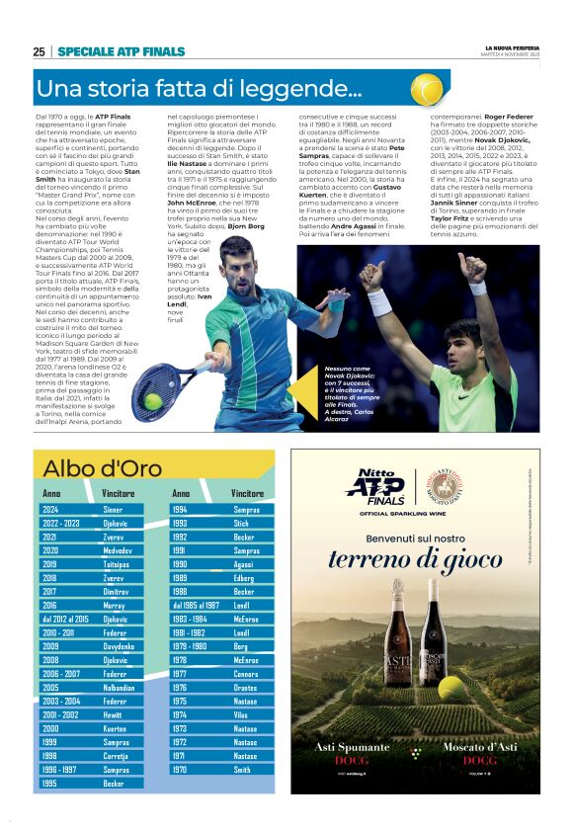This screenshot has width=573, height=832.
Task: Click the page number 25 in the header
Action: [39, 51]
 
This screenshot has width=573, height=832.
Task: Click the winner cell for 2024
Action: [113, 510]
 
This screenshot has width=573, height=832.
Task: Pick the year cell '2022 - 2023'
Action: [61, 523]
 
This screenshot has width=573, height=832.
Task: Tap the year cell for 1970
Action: [179, 769]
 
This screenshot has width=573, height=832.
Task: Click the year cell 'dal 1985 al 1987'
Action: [196, 605]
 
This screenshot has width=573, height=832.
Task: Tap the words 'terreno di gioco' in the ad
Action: [415, 559]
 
